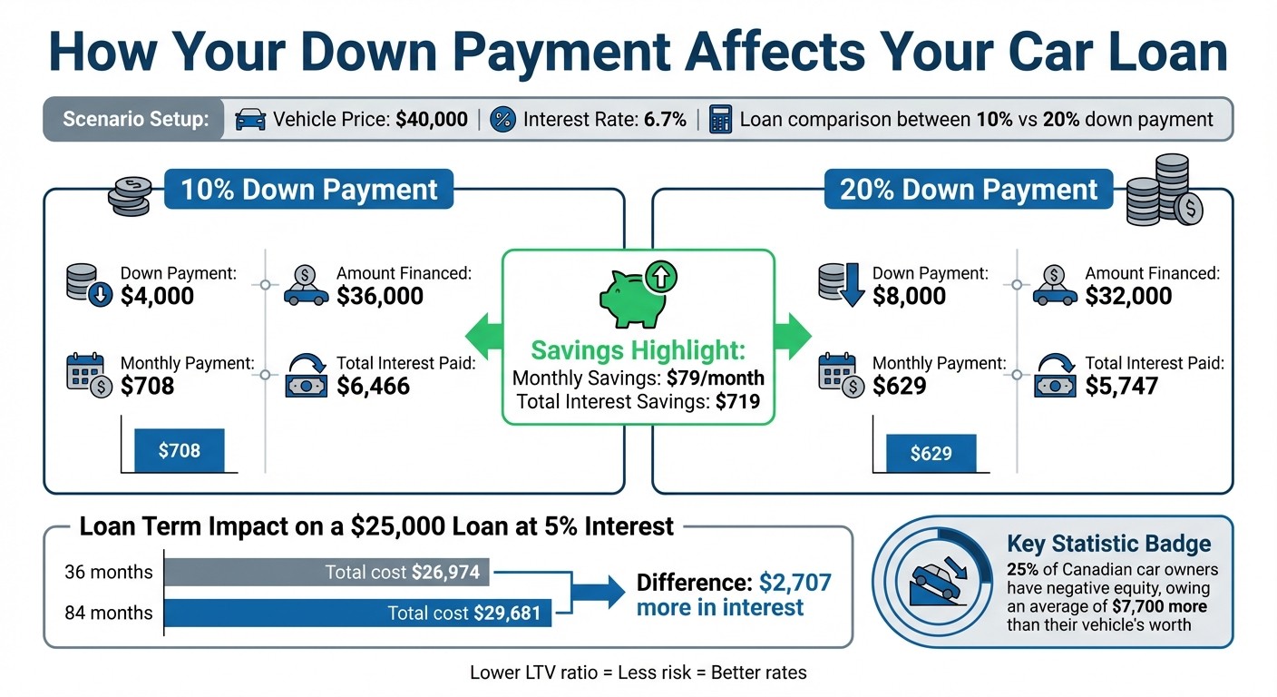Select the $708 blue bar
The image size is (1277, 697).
click(x=179, y=450)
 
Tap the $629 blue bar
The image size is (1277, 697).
click(x=931, y=453)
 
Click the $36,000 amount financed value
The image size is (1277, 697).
click(x=380, y=296)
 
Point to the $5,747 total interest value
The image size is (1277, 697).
click(x=1122, y=386)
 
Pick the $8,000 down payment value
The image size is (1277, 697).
click(x=909, y=296)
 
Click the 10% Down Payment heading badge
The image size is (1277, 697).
click(x=308, y=190)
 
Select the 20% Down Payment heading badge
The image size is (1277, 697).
click(x=969, y=190)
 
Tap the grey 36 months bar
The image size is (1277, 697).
click(x=327, y=573)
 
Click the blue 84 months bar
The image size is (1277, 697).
click(x=357, y=613)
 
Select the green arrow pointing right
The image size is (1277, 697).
click(x=794, y=335)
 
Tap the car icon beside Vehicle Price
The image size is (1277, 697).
click(x=250, y=120)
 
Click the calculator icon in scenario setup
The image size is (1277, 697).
click(x=720, y=120)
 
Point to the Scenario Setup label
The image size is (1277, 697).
click(x=134, y=120)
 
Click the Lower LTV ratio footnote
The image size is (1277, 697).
click(x=638, y=672)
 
